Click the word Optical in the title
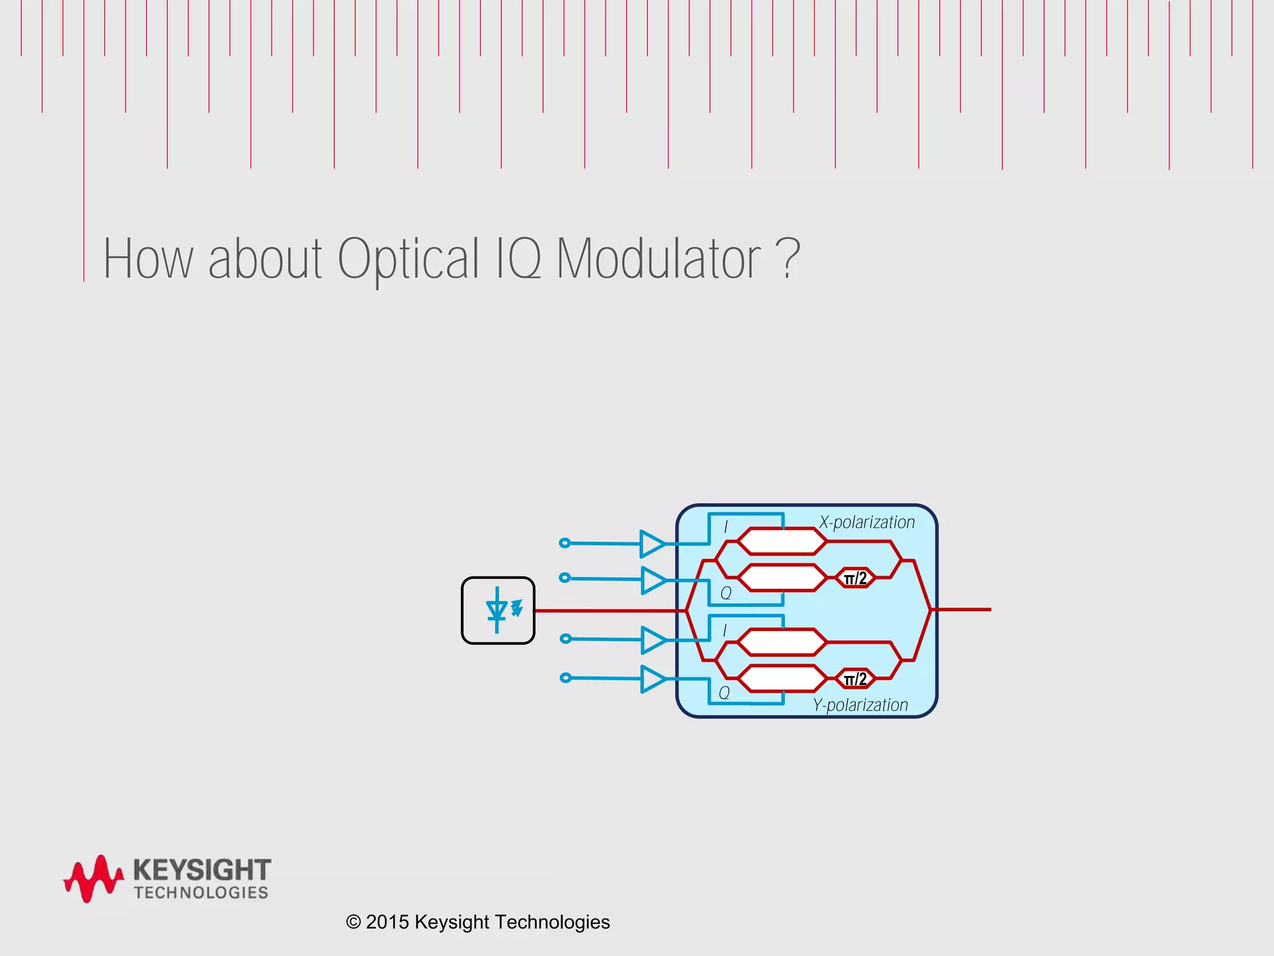407,259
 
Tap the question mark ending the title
788,258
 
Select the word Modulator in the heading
658,258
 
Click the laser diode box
498,610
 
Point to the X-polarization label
867,522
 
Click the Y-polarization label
860,705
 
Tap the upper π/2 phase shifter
855,578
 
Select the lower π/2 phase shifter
855,679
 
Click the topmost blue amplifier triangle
652,543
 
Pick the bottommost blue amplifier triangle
653,678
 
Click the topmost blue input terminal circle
565,543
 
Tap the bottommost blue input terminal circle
565,677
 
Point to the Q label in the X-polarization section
726,593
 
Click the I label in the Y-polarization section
725,630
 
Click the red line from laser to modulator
610,611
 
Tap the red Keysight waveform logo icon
93,879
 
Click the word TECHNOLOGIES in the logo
201,893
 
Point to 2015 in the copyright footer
387,922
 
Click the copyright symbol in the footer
353,922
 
